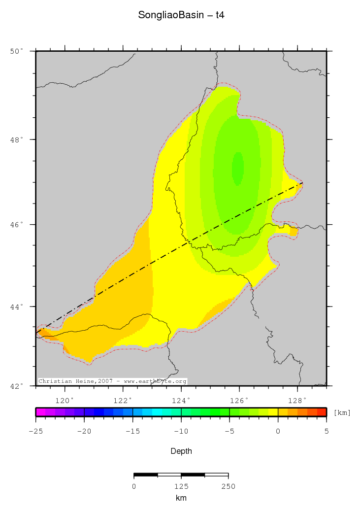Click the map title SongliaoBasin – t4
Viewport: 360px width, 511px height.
181,16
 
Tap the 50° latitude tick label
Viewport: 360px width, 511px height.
17,51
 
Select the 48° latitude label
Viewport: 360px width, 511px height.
17,140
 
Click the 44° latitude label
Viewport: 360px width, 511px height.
17,307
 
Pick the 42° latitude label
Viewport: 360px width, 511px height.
17,386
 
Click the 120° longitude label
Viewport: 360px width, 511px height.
65,400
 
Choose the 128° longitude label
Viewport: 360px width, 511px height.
297,400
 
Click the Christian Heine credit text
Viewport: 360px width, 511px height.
112,381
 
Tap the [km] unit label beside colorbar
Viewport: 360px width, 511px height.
342,412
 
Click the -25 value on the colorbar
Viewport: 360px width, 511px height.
36,431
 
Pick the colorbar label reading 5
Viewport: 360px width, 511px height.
326,431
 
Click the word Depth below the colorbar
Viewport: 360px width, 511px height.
181,451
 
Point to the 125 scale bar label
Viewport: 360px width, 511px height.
181,486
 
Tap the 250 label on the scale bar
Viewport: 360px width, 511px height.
228,486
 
